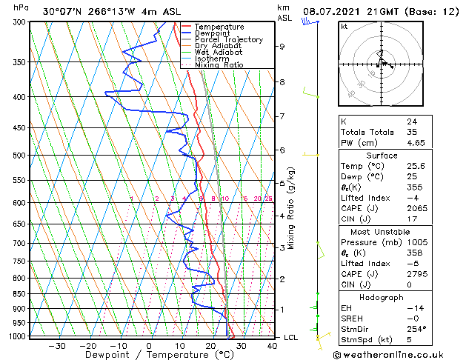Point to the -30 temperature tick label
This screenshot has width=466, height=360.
pos(57,346)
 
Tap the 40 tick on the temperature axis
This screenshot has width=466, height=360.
pos(272,346)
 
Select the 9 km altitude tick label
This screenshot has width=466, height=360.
pos(282,47)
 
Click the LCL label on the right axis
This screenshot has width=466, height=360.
pos(291,337)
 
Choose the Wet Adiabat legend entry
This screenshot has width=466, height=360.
pos(218,52)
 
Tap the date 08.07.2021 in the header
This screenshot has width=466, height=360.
pos(332,12)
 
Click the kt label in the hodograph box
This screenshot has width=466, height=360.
pos(344,27)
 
